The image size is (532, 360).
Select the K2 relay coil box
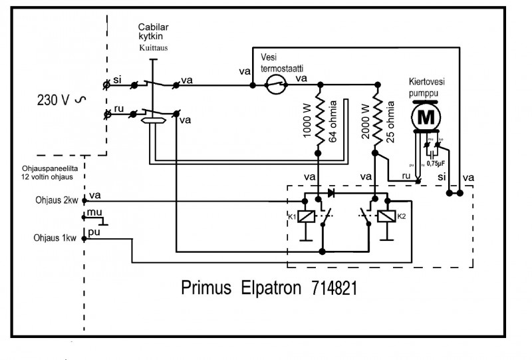click(x=384, y=217)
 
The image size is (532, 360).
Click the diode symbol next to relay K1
click(x=331, y=194)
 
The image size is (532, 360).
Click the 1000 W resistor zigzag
click(x=321, y=120)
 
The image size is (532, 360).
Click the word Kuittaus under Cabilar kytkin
click(x=154, y=49)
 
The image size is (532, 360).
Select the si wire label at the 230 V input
click(x=117, y=80)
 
